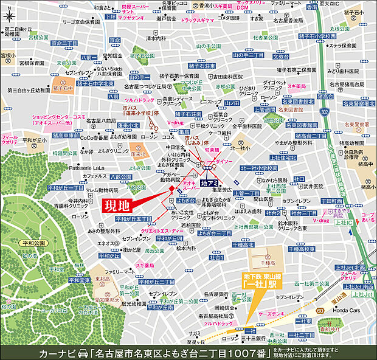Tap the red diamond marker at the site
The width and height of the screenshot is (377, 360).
click(x=172, y=190)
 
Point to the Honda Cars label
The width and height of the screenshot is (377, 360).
click(x=345, y=313)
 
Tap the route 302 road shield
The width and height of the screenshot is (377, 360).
click(x=325, y=112)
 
